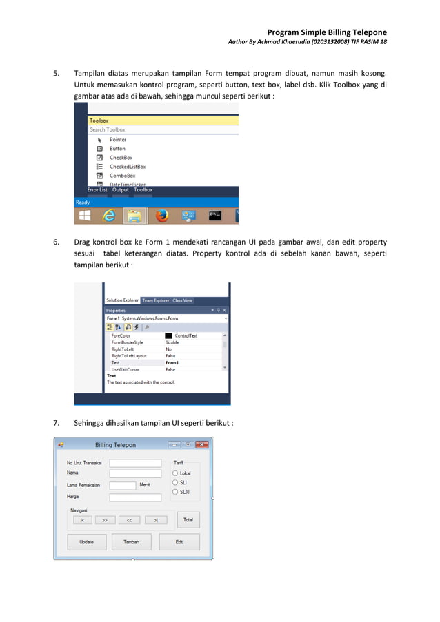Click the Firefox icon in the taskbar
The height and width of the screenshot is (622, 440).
pos(162,216)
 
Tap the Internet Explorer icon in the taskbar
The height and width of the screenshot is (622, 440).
pos(109,216)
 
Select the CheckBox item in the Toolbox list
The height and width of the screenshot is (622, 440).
pos(120,158)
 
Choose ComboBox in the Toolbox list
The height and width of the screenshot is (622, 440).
pos(122,176)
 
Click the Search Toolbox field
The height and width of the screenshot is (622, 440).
pos(163,129)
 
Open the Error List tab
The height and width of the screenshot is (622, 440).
pos(97,190)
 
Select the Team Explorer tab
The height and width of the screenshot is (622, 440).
pos(156,300)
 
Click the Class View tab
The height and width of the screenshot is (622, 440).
pos(183,300)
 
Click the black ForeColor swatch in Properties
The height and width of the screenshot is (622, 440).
pos(168,335)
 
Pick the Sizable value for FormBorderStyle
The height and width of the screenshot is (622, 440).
pos(172,342)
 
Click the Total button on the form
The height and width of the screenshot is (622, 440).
pos(188,519)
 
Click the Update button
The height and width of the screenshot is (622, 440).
pos(87,542)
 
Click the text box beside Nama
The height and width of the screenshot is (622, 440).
pos(135,473)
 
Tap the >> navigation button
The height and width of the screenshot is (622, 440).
pos(105,520)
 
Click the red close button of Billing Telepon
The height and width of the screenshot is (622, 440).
pos(202,444)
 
